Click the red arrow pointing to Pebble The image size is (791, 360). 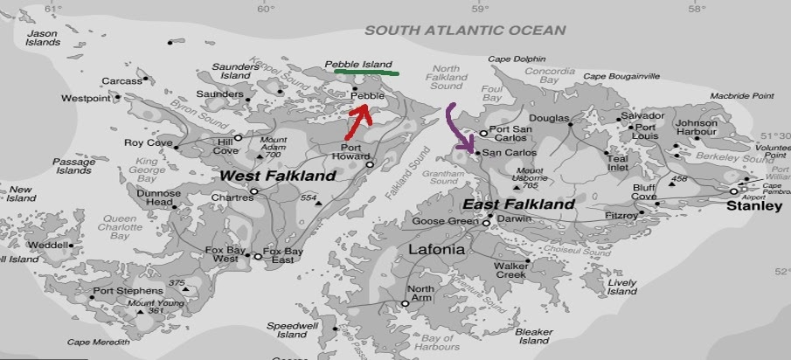coord(357,121)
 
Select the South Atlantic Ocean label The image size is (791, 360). coord(465,30)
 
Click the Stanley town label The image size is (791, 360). coord(754,206)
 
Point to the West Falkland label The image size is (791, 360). coord(277,176)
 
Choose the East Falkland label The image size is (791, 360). coord(518,204)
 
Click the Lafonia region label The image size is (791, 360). coord(436,250)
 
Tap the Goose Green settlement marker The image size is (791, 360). coord(486,223)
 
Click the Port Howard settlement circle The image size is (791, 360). coord(370,164)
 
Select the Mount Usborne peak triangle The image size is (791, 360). coord(517,186)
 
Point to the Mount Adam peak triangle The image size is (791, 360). coord(260,156)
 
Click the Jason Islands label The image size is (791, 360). coord(42,38)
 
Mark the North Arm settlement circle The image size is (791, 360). coord(405,304)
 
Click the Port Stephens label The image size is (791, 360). coord(123,291)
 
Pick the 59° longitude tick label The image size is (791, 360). coord(480,9)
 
